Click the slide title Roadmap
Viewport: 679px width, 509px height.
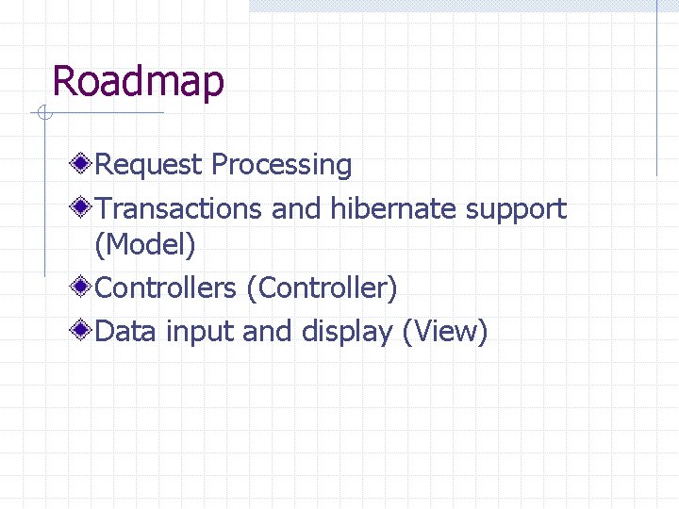click(x=139, y=81)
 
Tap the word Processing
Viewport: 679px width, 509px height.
click(x=281, y=165)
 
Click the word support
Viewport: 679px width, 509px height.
click(x=516, y=209)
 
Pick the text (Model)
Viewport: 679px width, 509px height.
click(x=145, y=246)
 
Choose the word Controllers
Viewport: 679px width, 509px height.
click(x=166, y=287)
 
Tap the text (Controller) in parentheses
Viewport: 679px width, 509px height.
click(x=322, y=287)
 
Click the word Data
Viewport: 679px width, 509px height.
click(x=127, y=331)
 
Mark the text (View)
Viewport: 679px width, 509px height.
click(x=445, y=332)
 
